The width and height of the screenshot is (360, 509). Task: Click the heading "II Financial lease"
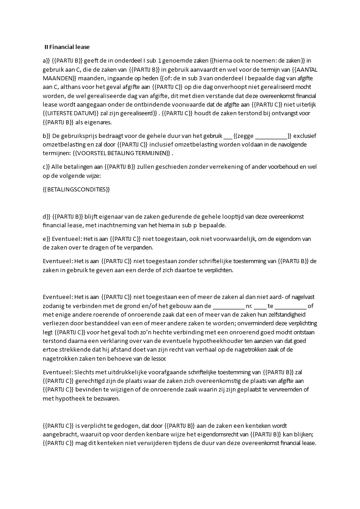point(67,47)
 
